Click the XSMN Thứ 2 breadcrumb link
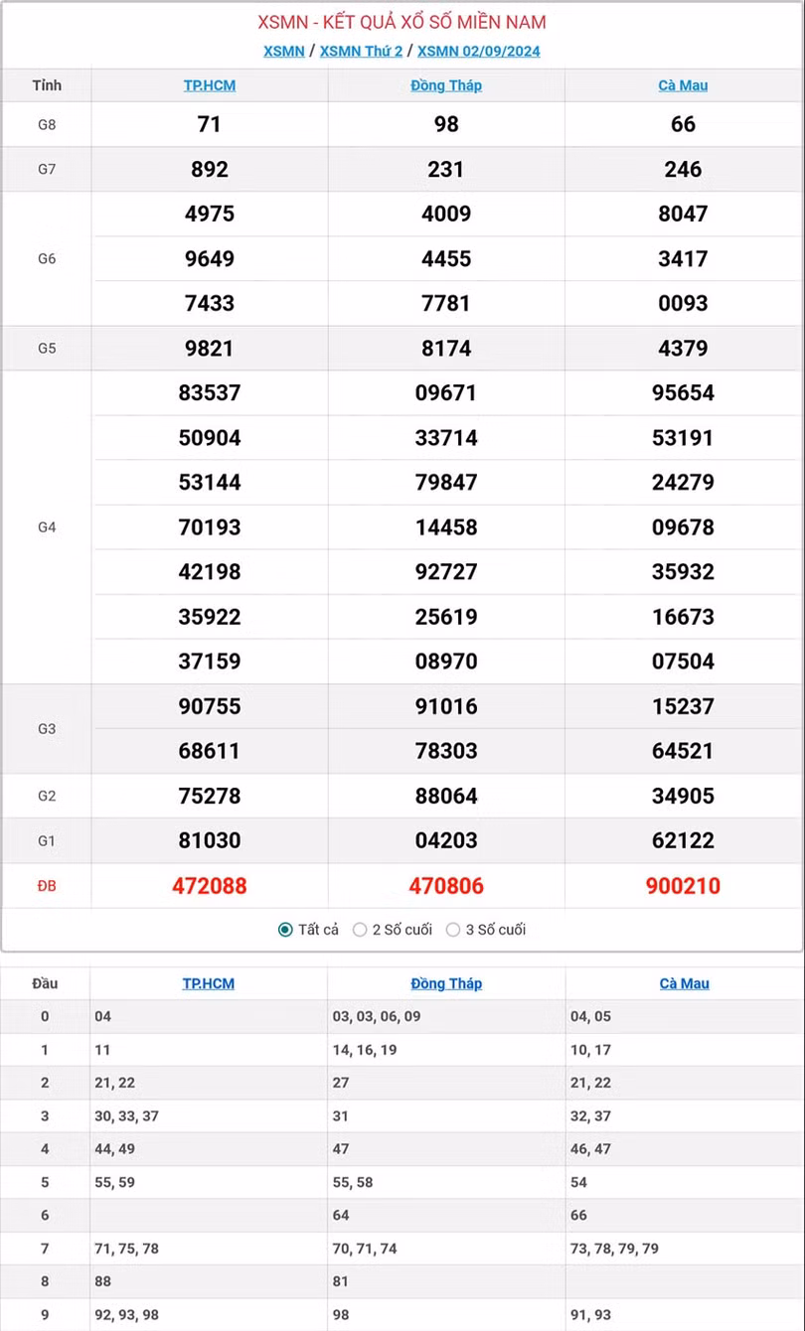point(361,52)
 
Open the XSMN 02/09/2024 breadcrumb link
point(478,52)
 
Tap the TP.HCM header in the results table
point(210,85)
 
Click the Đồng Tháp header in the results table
point(446,85)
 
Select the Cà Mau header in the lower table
point(684,983)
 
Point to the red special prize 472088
point(210,886)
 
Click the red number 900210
point(683,886)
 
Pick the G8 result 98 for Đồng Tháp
point(446,124)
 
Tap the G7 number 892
point(210,170)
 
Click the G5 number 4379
point(683,349)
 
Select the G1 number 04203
point(446,841)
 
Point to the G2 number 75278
point(210,797)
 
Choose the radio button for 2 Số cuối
point(361,930)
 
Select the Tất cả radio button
point(285,930)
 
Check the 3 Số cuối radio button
point(453,930)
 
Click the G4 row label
point(47,527)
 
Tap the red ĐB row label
point(47,886)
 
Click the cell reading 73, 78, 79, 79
point(614,1249)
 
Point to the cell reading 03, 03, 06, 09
point(377,1016)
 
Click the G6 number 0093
point(683,304)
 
